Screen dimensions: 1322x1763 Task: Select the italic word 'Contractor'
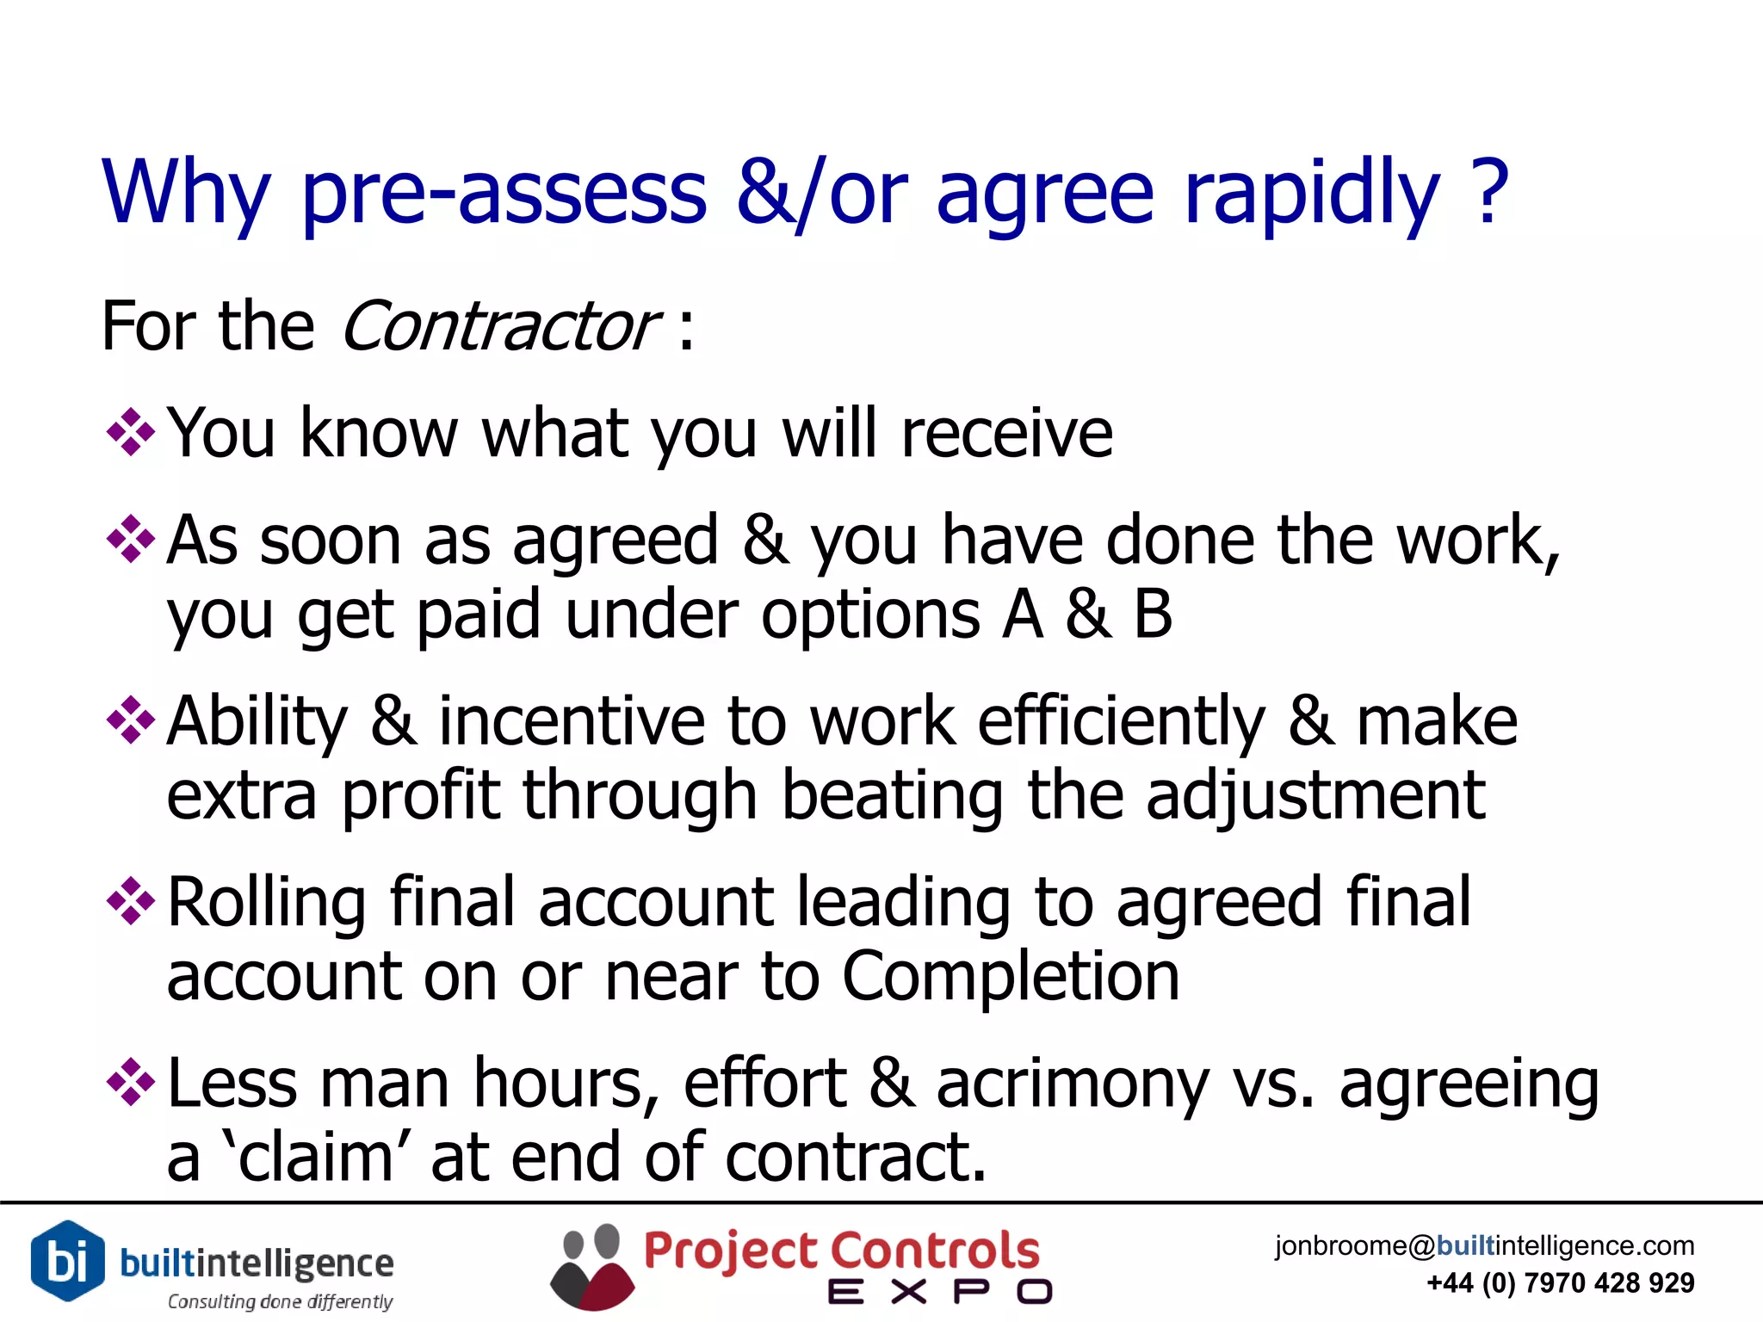[499, 327]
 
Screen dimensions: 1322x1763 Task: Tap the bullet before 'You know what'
[130, 432]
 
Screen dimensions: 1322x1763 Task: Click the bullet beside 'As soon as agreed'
[130, 540]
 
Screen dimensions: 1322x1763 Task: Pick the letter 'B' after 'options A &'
[1153, 615]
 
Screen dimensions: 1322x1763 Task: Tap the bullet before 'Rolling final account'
[130, 901]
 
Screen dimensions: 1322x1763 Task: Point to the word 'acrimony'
[1073, 1084]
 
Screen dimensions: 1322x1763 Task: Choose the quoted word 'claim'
[315, 1158]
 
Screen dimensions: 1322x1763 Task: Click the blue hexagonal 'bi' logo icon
[67, 1261]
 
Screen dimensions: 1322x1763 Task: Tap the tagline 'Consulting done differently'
[280, 1301]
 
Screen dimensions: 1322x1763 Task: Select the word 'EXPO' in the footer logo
[939, 1292]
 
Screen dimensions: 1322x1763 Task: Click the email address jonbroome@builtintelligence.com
[1484, 1245]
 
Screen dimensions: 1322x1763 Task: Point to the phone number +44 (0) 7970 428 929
[1560, 1283]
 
